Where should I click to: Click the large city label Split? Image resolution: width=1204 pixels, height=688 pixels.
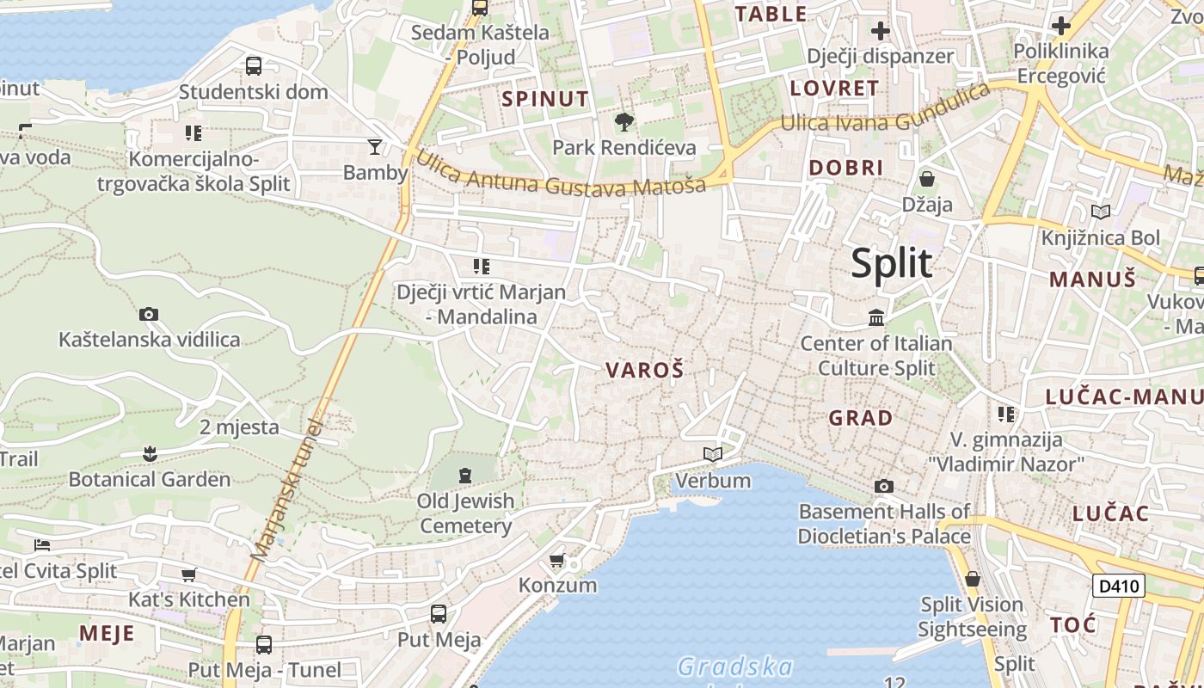coord(891,263)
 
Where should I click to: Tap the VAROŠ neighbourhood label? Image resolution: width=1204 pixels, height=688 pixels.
coord(644,371)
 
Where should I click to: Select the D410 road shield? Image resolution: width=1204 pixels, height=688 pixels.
coord(1118,587)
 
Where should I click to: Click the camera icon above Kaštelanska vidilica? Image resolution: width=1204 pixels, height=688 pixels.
coord(149,315)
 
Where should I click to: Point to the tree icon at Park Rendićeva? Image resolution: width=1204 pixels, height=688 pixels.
coord(623,122)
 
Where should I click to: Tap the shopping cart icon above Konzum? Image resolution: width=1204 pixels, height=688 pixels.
coord(557,561)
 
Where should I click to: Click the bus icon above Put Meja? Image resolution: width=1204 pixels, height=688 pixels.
coord(439,614)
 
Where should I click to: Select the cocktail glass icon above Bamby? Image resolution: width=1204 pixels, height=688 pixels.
coord(375,147)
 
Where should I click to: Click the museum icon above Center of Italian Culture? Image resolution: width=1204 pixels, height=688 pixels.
coord(876,318)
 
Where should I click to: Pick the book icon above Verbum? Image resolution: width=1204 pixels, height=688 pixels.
coord(713,454)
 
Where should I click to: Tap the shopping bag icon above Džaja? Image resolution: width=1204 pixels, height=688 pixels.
coord(927,179)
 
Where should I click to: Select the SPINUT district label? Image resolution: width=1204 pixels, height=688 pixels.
coord(545,99)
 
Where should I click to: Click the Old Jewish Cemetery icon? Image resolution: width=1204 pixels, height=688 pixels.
coord(465,475)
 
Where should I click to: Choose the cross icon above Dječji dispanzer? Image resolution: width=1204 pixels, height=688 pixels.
coord(880,32)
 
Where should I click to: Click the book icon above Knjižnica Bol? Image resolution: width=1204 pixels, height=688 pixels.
coord(1100,212)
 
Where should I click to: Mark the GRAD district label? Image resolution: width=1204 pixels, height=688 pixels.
coord(860,419)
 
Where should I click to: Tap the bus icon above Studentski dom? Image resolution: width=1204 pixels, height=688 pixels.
coord(254,65)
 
